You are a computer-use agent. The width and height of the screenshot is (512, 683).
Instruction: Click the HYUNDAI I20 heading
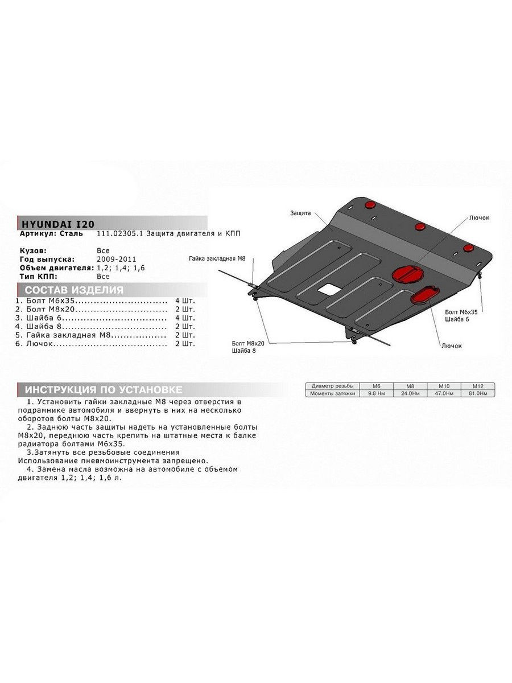click(x=58, y=224)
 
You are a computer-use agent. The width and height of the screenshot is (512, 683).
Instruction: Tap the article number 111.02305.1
click(x=120, y=233)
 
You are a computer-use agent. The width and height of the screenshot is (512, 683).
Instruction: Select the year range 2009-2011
click(x=117, y=259)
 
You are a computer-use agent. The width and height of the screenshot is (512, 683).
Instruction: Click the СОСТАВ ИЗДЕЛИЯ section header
click(x=74, y=290)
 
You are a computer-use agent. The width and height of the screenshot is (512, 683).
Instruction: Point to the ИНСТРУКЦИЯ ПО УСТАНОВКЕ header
click(x=104, y=389)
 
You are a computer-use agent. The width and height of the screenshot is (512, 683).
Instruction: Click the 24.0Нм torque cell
click(x=410, y=393)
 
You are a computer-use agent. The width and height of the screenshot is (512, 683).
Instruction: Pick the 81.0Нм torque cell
click(x=478, y=393)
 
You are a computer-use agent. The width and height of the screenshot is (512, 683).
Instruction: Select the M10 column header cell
click(x=444, y=386)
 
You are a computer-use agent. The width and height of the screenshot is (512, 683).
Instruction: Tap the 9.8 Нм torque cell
click(x=376, y=393)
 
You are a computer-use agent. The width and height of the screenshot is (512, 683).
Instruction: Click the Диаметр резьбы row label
click(x=332, y=386)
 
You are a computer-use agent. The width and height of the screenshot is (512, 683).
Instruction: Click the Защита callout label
click(x=300, y=213)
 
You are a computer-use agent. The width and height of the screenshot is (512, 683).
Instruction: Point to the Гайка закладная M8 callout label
click(x=217, y=258)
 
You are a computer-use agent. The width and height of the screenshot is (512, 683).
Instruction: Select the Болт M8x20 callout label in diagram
click(x=248, y=344)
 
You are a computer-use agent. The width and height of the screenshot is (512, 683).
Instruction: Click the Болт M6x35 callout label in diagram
click(x=461, y=312)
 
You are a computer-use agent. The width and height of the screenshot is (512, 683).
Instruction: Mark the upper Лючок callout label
click(x=479, y=218)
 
